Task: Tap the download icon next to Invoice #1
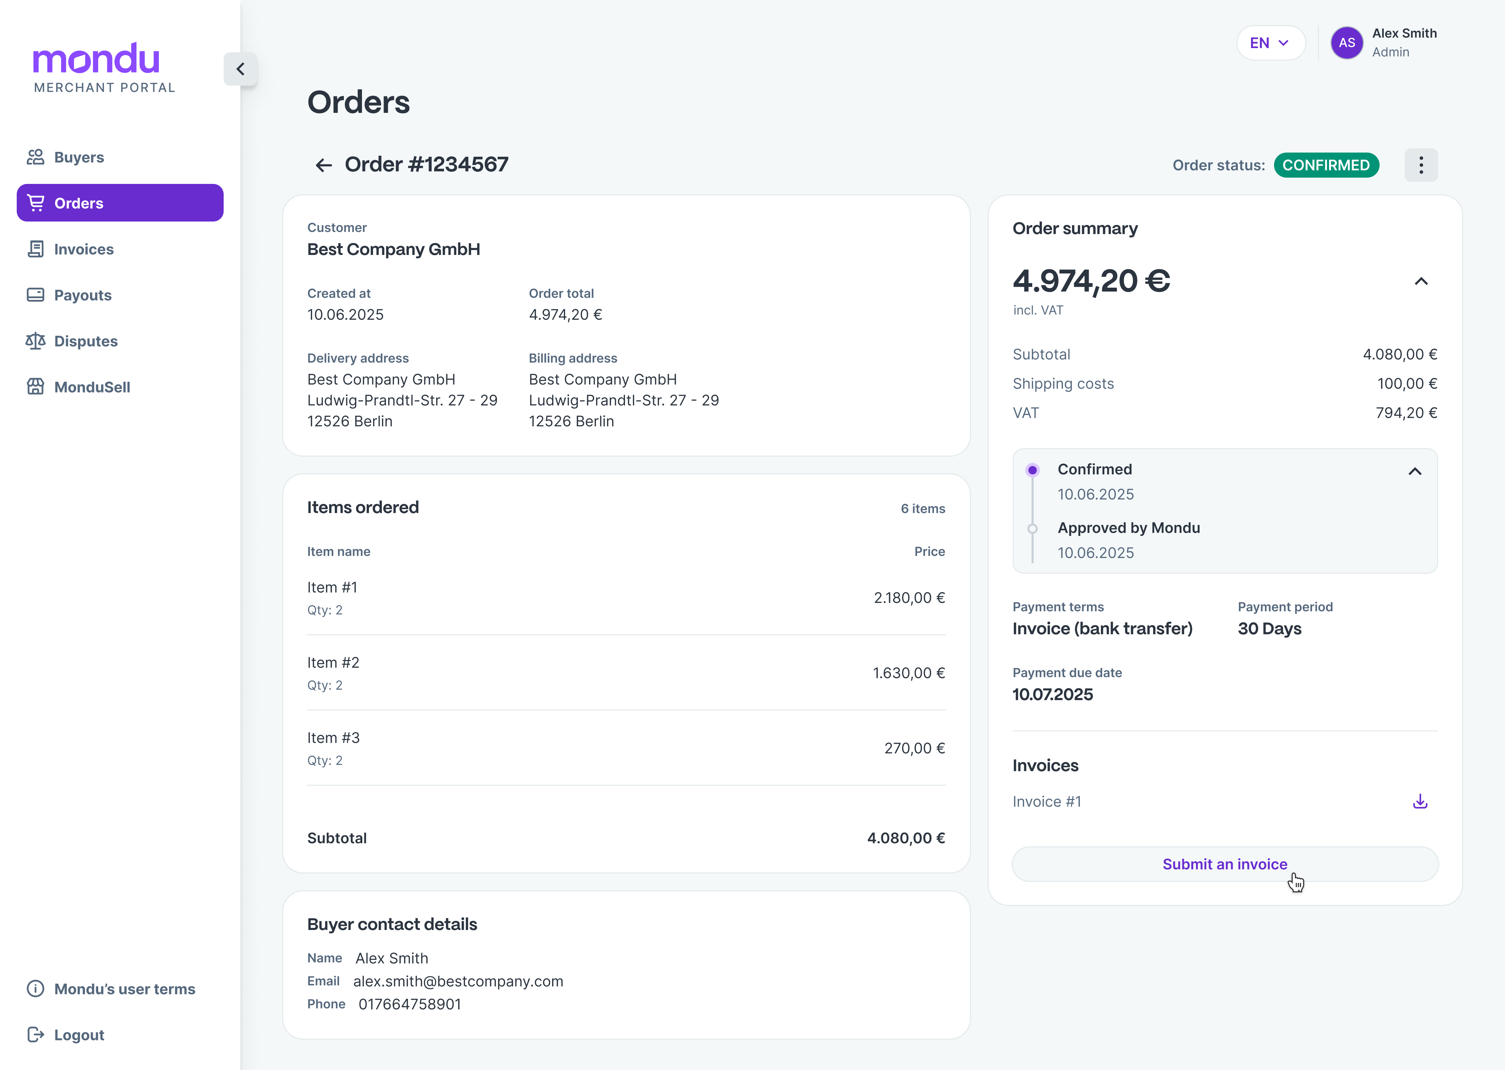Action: [1420, 801]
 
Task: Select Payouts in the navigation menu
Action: [82, 295]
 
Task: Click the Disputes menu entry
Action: [86, 341]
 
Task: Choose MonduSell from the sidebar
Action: [92, 387]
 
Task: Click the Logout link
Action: [78, 1035]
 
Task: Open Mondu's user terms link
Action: [124, 989]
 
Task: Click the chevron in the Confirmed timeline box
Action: [1414, 472]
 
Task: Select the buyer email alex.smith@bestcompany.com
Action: [458, 981]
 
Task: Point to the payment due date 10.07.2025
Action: [1052, 695]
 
